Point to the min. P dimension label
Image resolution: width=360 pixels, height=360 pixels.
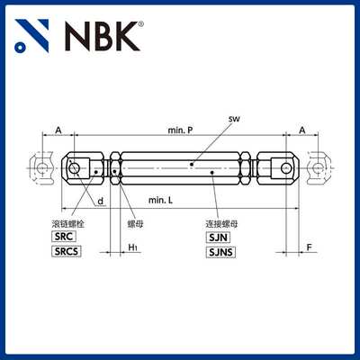tap(184, 130)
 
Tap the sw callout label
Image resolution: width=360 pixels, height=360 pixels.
tap(234, 119)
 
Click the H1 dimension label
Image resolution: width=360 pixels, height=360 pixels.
tap(132, 246)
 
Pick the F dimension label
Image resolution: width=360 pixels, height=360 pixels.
tap(308, 245)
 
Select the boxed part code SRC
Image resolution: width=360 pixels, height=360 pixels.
tap(65, 235)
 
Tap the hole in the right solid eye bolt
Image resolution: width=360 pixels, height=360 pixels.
tap(285, 166)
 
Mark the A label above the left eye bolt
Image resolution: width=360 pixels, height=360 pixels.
tap(58, 130)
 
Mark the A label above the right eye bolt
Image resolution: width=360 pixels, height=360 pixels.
tap(301, 130)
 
